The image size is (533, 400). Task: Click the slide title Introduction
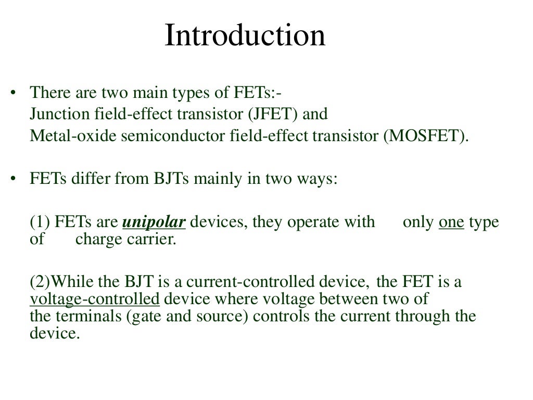(x=245, y=36)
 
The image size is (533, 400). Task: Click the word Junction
(x=55, y=114)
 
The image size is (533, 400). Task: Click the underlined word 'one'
(x=451, y=222)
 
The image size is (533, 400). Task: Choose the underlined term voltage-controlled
(x=94, y=299)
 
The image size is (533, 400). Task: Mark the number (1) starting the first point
(x=39, y=222)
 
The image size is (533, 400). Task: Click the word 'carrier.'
(x=151, y=240)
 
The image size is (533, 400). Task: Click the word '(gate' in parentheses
(x=142, y=316)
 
